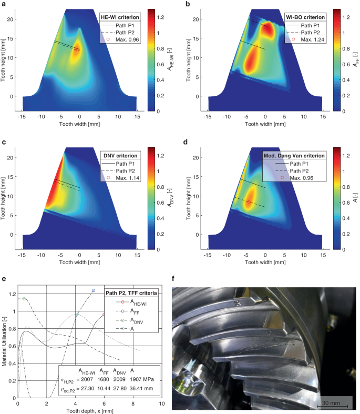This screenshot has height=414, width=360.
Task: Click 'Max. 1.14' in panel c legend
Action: pos(128,178)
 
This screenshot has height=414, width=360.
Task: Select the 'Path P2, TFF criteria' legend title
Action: pos(135,292)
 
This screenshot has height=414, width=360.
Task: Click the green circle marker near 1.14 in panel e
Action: pos(24,299)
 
